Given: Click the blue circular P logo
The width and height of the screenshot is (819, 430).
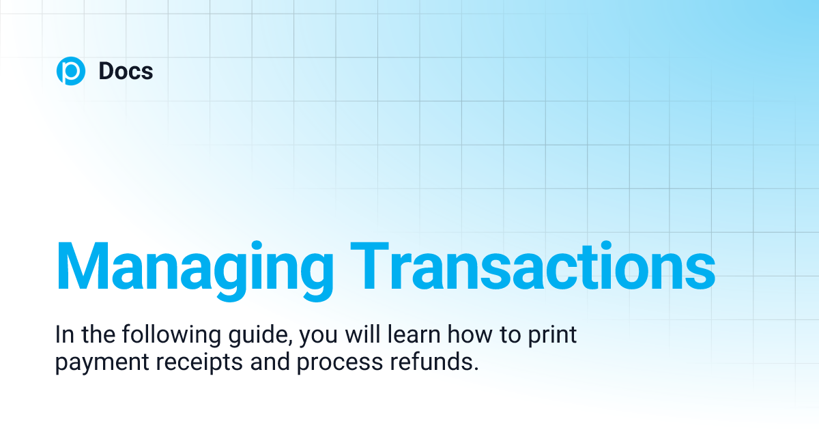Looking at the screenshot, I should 70,71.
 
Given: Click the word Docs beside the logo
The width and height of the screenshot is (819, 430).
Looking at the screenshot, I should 126,71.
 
